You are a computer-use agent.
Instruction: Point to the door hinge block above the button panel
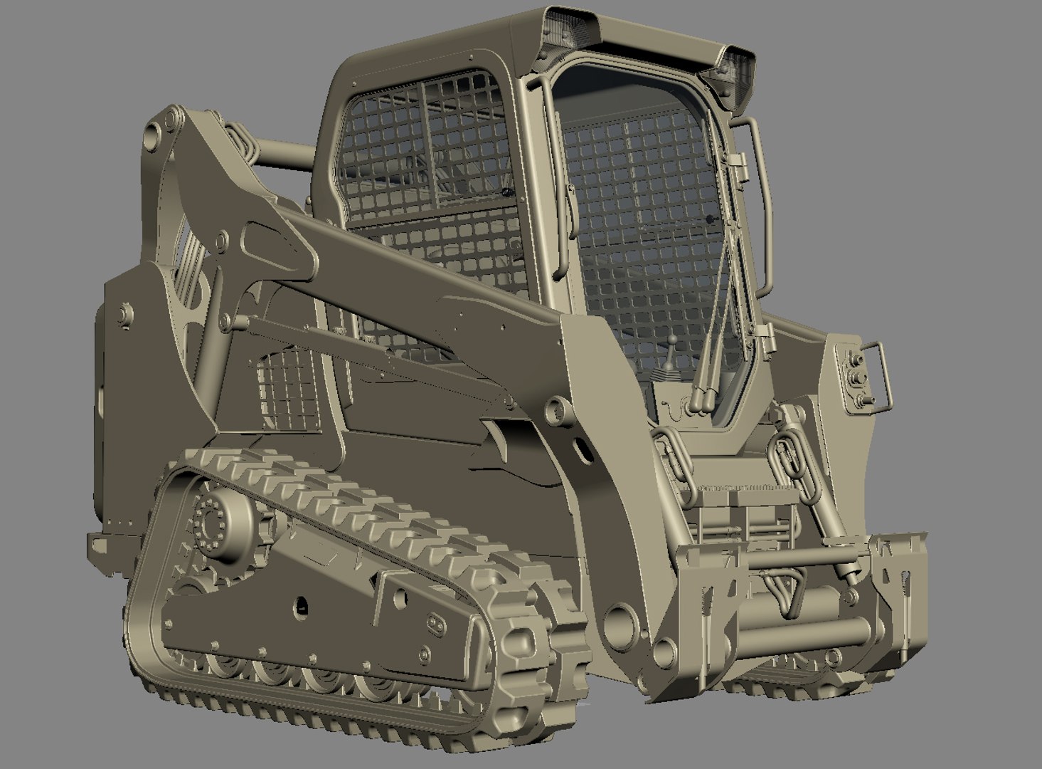click(x=766, y=334)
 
